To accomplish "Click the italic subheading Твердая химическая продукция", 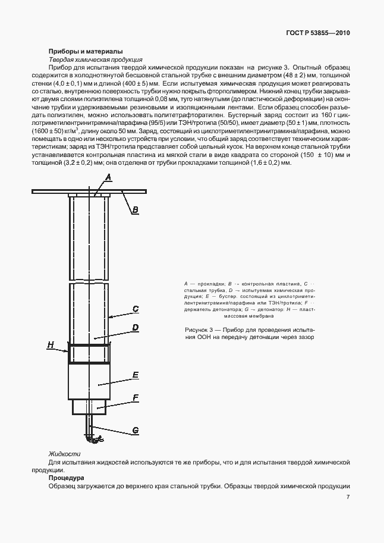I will [x=95, y=60].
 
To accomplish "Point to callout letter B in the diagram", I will [x=135, y=209].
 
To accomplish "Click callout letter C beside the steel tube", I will [x=136, y=309].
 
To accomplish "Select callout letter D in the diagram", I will [x=136, y=328].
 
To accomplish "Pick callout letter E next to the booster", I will [x=136, y=375].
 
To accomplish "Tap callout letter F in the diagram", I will [x=136, y=397].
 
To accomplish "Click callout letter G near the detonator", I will [x=136, y=429].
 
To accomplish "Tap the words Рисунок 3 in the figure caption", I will [x=202, y=329].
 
